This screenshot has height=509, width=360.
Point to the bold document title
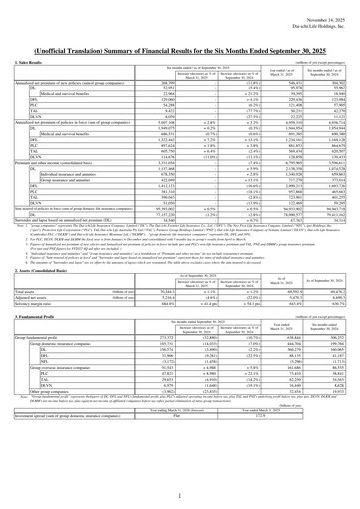tap(180, 35)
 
